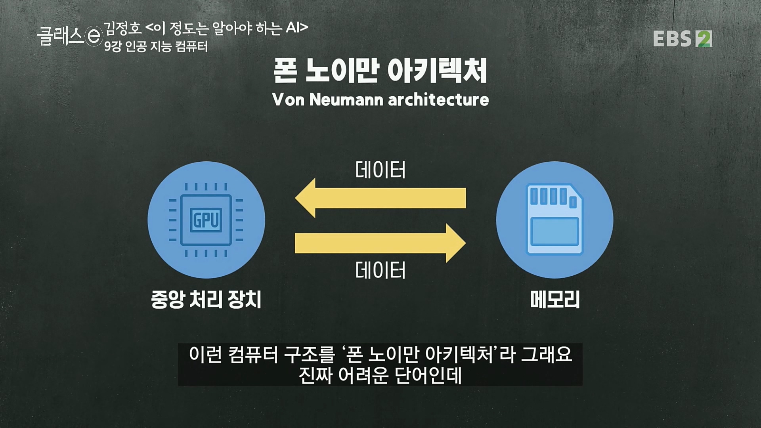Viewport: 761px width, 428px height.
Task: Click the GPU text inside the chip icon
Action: tap(206, 220)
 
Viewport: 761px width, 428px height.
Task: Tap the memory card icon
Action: tap(554, 220)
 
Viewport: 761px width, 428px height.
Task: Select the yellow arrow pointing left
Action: tap(380, 198)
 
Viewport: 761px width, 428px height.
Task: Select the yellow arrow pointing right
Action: tap(380, 243)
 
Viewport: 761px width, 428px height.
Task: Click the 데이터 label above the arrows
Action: tap(380, 170)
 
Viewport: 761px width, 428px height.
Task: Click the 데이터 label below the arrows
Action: tap(380, 270)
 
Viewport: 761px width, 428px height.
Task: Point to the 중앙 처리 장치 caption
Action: tap(206, 299)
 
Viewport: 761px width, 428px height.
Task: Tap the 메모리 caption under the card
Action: tap(555, 299)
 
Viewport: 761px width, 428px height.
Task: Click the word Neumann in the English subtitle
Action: tap(346, 99)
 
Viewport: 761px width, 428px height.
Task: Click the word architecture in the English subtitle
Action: tap(438, 99)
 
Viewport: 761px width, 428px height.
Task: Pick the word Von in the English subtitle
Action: tap(288, 99)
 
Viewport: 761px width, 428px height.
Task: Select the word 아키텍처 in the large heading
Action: tap(437, 71)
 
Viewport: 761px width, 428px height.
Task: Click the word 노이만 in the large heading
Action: tap(342, 71)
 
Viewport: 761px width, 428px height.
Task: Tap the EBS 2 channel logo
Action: tap(682, 39)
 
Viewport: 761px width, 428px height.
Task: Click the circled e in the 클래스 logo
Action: tap(94, 37)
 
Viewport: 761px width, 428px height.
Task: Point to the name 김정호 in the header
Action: tap(122, 28)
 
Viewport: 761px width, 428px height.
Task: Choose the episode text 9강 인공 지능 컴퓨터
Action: tap(156, 47)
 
